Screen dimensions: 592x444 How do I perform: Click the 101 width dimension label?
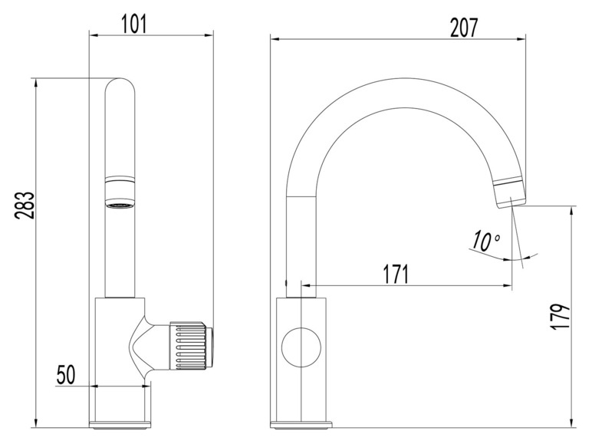tap(134, 24)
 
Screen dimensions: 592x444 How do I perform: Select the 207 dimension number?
tap(464, 27)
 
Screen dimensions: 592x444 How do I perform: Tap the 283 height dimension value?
tap(25, 206)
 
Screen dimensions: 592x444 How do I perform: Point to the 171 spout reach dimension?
tap(396, 274)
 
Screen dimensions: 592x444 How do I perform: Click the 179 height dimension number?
tap(562, 317)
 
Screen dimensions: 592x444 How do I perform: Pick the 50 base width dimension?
tap(66, 374)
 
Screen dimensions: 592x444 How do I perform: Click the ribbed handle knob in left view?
tap(191, 345)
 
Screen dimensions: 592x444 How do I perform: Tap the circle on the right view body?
tap(301, 345)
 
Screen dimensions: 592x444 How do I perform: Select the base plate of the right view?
tap(301, 424)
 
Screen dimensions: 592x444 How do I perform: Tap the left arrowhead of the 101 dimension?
tap(94, 36)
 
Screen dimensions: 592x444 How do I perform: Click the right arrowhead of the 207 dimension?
tap(521, 38)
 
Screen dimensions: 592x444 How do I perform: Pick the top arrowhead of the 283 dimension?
tap(36, 83)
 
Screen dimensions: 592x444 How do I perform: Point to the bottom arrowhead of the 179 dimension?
tap(573, 423)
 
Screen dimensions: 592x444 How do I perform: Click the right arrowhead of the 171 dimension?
tap(508, 286)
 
